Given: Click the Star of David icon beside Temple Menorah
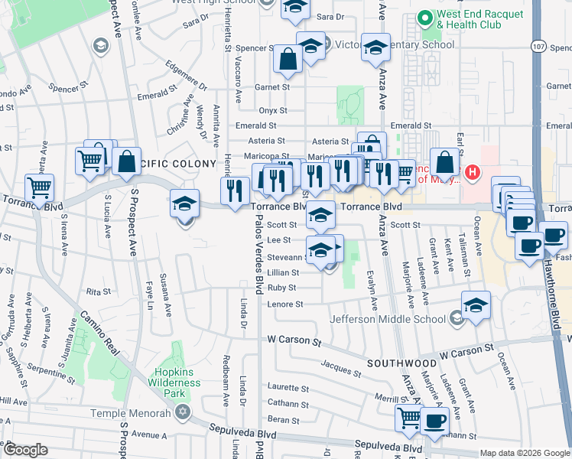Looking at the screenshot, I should (181, 413).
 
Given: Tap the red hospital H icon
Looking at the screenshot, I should (473, 172).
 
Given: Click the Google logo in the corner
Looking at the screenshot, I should (25, 450).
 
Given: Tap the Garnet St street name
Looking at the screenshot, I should (272, 87).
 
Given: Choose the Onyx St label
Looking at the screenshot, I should (271, 110).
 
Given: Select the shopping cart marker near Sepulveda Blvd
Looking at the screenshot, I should (409, 417).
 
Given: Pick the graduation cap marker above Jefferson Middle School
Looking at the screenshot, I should (476, 304).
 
